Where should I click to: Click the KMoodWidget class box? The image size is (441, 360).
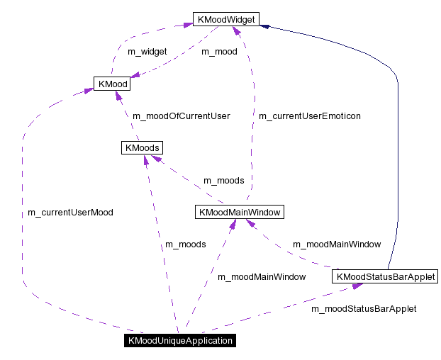[x=226, y=19]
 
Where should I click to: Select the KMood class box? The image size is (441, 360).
[x=113, y=84]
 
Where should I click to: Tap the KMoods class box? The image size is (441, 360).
[x=142, y=148]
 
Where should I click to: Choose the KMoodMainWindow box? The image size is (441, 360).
[x=239, y=212]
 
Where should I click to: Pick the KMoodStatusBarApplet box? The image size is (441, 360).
[x=383, y=276]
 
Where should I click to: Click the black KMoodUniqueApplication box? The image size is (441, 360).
[x=179, y=341]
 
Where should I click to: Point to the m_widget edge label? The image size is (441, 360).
[x=147, y=52]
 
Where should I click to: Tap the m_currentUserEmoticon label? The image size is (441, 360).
[x=309, y=116]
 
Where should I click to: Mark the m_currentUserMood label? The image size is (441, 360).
[x=70, y=212]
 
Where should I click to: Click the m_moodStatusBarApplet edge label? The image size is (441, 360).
[x=364, y=309]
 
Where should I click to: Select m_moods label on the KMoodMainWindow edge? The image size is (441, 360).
[x=223, y=181]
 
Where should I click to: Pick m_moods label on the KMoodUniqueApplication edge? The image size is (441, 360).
[x=185, y=244]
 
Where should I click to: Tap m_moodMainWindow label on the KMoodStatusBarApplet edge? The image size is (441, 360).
[x=337, y=244]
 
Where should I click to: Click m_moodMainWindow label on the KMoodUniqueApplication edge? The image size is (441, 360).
[x=262, y=277]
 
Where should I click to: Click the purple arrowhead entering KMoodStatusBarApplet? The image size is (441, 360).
[x=359, y=286]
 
